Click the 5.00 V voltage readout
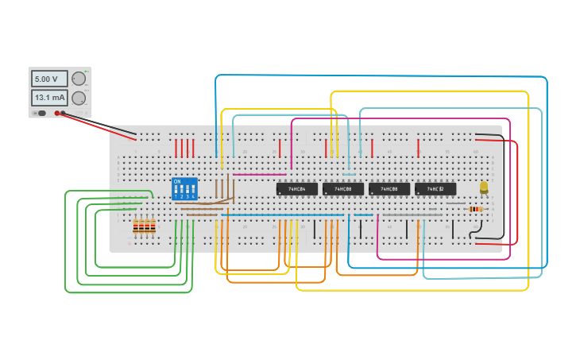tap(49, 79)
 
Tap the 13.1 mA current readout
tap(49, 98)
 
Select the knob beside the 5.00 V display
tap(79, 79)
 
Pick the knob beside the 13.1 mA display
tap(79, 99)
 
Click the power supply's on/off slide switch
tap(41, 113)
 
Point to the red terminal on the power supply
tap(58, 113)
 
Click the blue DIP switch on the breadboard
tap(184, 189)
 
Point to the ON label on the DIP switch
tap(177, 182)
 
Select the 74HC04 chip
tap(297, 189)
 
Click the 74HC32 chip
tap(435, 189)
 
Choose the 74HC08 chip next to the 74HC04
tap(343, 189)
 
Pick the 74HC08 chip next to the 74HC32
tap(389, 189)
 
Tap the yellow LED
tap(484, 188)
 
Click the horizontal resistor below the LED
tap(476, 209)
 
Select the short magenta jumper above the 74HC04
tap(259, 174)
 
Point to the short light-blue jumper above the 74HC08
tap(349, 174)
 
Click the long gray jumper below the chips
tap(412, 215)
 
